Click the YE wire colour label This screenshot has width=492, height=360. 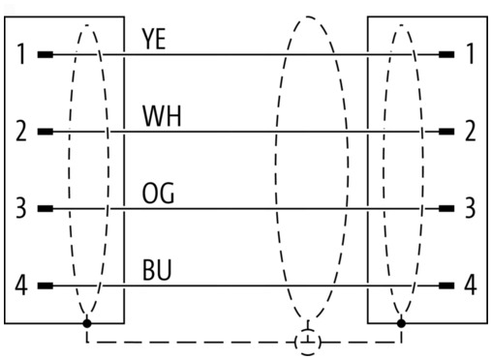pos(154,39)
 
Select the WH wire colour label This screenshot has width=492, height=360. pos(162,116)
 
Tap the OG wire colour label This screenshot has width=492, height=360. pos(158,194)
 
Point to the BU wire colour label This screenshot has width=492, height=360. pos(157,270)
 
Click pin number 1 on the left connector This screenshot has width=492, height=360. pos(21,54)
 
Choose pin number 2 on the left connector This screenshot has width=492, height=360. pos(21,131)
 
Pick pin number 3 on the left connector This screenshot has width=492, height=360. pos(21,208)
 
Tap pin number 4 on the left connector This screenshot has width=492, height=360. pos(21,285)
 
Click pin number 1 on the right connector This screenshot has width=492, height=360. pos(471,53)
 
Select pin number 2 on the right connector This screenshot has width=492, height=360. pos(471,131)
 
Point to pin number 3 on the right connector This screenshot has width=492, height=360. pos(471,208)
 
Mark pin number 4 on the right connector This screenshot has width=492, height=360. pos(471,285)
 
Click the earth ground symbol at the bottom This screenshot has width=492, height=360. pos(308,342)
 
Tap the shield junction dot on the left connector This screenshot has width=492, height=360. pos(87,323)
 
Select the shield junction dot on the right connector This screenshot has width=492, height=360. pos(401,323)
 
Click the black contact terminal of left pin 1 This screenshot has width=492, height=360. pos(46,54)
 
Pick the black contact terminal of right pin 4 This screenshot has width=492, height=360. pos(446,285)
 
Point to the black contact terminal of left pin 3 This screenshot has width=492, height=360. pos(46,209)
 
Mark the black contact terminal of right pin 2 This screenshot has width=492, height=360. pos(446,132)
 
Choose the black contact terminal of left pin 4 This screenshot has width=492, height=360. pos(46,285)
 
